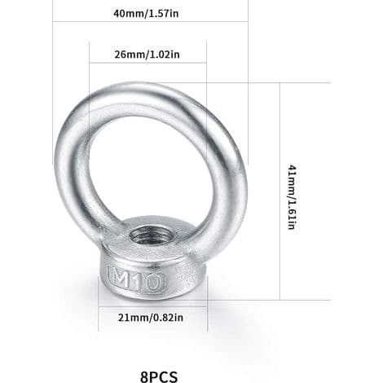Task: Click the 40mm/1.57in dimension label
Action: [x=146, y=13]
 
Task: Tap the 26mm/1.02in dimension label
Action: [x=147, y=55]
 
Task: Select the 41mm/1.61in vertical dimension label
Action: [x=292, y=197]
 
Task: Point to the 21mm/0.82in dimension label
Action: [x=151, y=317]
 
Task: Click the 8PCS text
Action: [x=159, y=376]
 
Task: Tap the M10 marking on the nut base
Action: [x=136, y=280]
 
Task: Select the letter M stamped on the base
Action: [x=121, y=278]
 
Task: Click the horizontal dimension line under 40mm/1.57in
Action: [x=150, y=21]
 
